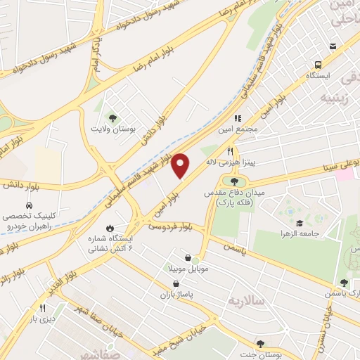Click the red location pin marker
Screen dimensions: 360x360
click(x=181, y=165)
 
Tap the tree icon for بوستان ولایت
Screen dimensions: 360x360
click(x=111, y=117)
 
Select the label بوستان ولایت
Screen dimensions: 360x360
click(x=111, y=129)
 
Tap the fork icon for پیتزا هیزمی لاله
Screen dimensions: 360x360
click(x=230, y=151)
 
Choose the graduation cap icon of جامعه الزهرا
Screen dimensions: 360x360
click(x=300, y=223)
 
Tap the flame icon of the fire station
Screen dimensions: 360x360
click(x=110, y=227)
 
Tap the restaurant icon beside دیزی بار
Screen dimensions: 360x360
click(x=42, y=307)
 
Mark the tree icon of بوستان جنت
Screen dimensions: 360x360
click(x=260, y=343)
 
